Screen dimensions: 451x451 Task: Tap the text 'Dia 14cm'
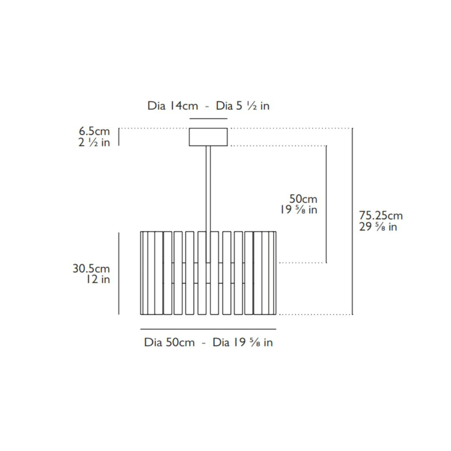click(x=172, y=106)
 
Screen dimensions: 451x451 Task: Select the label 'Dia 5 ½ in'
click(x=243, y=106)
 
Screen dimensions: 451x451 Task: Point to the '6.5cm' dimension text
click(x=94, y=131)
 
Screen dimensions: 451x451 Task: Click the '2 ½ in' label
click(x=94, y=142)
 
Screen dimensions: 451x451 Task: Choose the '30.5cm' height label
click(x=91, y=269)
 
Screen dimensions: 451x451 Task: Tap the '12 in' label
click(x=99, y=279)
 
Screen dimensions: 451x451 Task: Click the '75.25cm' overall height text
click(x=381, y=215)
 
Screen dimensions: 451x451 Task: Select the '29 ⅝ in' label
click(x=378, y=227)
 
